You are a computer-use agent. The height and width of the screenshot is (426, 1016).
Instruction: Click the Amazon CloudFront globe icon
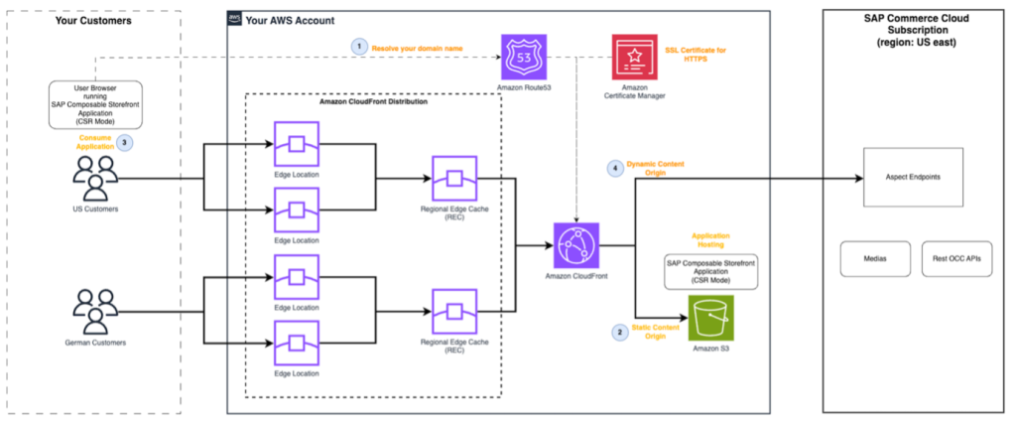tap(580, 245)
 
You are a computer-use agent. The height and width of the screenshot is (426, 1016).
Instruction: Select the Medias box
tap(874, 258)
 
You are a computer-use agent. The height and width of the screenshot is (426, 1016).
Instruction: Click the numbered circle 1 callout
tap(357, 46)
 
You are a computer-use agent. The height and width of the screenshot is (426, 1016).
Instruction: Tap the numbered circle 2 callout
tap(620, 333)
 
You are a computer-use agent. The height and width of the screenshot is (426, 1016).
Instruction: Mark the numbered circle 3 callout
tap(124, 141)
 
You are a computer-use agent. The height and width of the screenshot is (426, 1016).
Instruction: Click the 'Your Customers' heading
tap(92, 19)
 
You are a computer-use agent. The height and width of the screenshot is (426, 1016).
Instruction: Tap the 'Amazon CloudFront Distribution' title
tap(374, 102)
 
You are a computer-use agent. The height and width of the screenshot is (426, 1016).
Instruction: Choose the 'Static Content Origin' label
tap(663, 333)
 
